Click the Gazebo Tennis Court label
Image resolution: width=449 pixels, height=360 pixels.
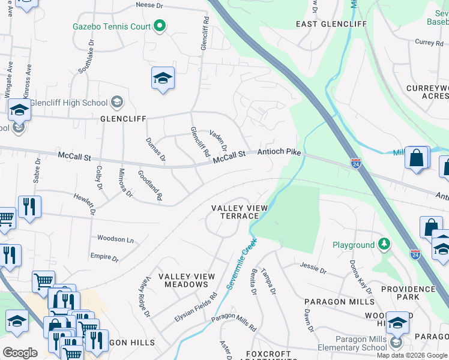tap(111, 26)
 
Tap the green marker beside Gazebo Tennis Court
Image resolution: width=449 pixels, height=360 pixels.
tap(160, 26)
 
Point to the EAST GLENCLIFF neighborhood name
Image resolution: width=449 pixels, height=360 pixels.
tap(331, 24)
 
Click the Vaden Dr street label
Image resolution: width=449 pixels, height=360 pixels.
tap(218, 140)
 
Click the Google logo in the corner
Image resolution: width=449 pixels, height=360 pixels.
tap(20, 353)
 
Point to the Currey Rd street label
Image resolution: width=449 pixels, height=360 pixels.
tap(428, 43)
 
